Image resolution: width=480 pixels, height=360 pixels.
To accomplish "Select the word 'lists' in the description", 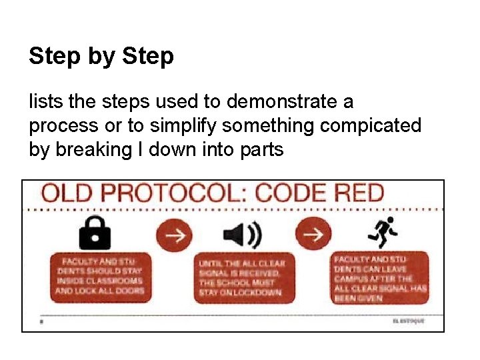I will pyautogui.click(x=42, y=102).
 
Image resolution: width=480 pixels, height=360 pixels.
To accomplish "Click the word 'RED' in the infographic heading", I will pyautogui.click(x=357, y=193).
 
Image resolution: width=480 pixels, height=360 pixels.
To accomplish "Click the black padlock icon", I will pyautogui.click(x=95, y=233).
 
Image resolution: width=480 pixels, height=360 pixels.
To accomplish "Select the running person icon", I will pyautogui.click(x=383, y=233).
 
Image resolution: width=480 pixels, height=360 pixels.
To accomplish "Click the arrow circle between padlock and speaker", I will pyautogui.click(x=174, y=234).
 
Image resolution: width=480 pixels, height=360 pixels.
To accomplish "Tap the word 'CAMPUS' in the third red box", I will pyautogui.click(x=351, y=279).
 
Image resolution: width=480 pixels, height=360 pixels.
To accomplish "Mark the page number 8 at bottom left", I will pyautogui.click(x=41, y=321).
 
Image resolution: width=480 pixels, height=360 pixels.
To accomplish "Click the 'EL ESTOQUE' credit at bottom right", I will pyautogui.click(x=408, y=321).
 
